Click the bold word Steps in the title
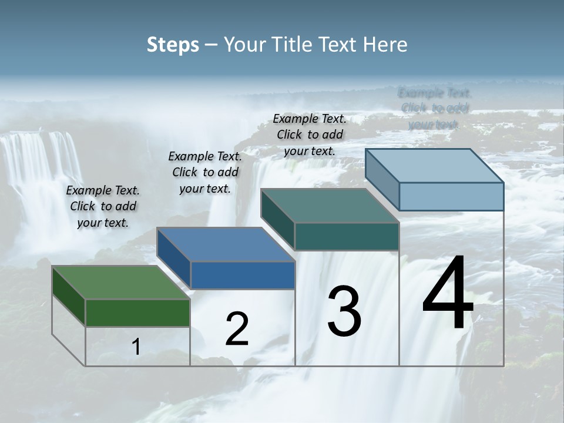coord(172,45)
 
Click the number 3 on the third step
coord(344,311)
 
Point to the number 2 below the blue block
coord(237,329)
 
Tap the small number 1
coord(136,347)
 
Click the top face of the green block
coord(120,283)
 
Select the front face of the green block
coord(137,313)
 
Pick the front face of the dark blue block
coord(243,275)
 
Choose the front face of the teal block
coord(347,236)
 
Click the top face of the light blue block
coord(434,166)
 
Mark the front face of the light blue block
coord(451,196)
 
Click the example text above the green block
coord(103,207)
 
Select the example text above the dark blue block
coord(205,172)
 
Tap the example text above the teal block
coord(310,135)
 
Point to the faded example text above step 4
coord(434,108)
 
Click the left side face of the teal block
coord(277,219)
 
